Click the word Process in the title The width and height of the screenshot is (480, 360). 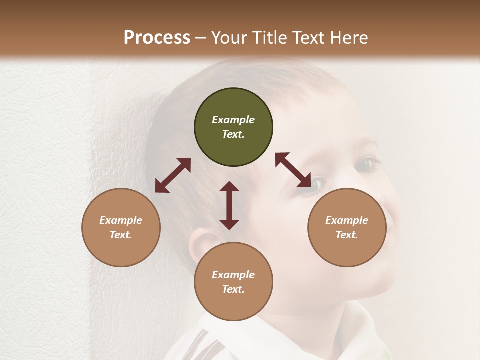pos(157,37)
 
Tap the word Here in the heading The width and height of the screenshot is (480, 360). pos(349,37)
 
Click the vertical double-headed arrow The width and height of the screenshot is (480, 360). pos(229,205)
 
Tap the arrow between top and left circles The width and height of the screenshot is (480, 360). pos(173,175)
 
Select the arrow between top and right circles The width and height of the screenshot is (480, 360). pos(293,170)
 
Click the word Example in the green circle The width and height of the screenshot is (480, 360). pos(233,120)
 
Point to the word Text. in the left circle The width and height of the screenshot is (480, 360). pos(121,235)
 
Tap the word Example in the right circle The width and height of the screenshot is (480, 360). pos(347,220)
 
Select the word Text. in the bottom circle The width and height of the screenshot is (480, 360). pos(233,289)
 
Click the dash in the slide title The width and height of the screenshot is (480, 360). pos(201,38)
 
